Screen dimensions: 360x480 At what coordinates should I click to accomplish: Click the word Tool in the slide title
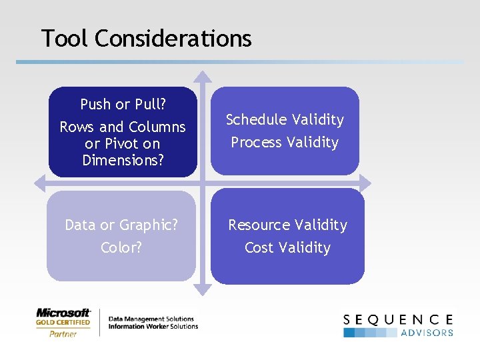(65, 38)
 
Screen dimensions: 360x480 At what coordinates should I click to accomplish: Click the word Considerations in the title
(173, 38)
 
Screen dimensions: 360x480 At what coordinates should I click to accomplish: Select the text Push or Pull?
(123, 105)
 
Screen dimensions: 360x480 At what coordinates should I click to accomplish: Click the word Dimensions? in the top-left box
(123, 160)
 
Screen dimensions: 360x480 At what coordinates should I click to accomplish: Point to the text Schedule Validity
(285, 119)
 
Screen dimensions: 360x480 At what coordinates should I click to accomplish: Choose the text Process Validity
(285, 142)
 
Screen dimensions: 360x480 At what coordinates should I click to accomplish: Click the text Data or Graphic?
(121, 225)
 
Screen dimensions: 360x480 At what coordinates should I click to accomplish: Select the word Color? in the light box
(121, 247)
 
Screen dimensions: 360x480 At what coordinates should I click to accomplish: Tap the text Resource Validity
(287, 225)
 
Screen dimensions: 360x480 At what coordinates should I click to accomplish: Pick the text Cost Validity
(287, 247)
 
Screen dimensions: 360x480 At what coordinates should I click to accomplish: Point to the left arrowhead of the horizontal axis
(38, 182)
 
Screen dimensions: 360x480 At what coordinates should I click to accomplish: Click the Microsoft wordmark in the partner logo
(63, 313)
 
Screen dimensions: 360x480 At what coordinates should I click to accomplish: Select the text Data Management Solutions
(151, 319)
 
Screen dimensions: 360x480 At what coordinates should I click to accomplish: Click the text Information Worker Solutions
(153, 327)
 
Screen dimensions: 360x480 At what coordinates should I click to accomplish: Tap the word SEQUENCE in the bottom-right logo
(398, 320)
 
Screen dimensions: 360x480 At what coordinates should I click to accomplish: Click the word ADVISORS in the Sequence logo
(427, 333)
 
